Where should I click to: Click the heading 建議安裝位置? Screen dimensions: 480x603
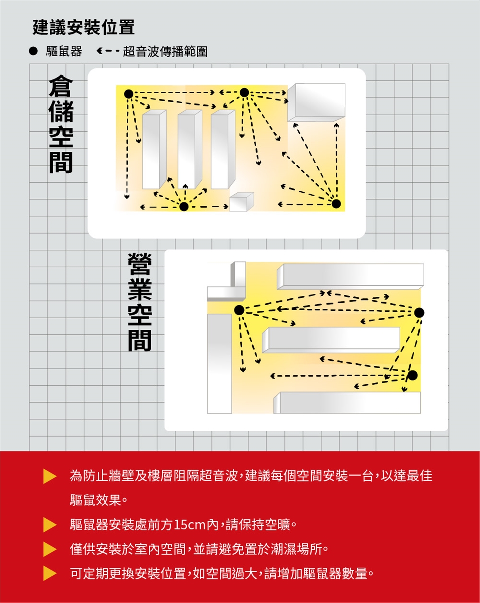[83, 27]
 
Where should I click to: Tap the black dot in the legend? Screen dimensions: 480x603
[33, 51]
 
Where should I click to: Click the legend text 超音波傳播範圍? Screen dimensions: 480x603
[165, 52]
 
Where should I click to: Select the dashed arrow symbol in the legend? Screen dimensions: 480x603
[108, 51]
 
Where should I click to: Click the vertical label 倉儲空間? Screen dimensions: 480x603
[61, 124]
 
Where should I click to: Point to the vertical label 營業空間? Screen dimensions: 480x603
[140, 302]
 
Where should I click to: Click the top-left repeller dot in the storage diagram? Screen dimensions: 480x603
[129, 94]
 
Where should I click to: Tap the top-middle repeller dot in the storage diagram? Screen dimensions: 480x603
[244, 92]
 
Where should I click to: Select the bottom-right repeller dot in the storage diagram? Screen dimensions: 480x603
[336, 204]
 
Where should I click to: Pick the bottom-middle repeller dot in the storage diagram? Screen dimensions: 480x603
[184, 207]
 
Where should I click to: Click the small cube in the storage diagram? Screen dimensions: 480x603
[241, 202]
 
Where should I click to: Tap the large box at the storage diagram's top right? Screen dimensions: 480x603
[316, 103]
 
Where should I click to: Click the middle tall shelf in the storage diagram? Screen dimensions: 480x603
[190, 149]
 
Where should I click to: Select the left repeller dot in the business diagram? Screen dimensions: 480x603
[239, 310]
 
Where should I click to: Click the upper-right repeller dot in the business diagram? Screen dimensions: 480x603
[419, 312]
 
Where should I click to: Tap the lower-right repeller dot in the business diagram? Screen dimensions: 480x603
[412, 375]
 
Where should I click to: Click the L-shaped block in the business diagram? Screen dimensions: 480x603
[227, 288]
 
